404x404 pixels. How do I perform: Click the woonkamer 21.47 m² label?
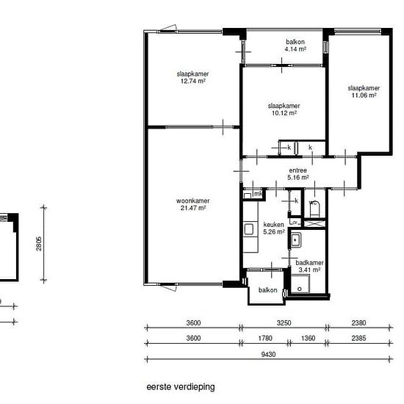click(192, 204)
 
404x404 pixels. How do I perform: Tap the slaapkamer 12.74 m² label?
click(192, 78)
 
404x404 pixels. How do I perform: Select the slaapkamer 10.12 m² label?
click(284, 109)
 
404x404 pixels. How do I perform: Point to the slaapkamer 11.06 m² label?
click(364, 92)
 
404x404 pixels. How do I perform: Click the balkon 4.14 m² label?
click(295, 46)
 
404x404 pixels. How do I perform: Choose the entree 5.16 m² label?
click(298, 174)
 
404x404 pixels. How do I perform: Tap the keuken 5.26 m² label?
click(274, 228)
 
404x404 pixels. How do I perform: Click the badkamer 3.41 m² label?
click(309, 267)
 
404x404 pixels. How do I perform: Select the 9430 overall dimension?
click(268, 355)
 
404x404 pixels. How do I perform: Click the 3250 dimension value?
click(284, 323)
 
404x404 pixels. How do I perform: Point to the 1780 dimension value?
click(265, 338)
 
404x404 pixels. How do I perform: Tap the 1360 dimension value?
click(309, 338)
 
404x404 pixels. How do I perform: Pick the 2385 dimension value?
click(358, 338)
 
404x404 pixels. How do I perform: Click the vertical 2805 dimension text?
click(39, 244)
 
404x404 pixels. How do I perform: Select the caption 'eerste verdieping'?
click(181, 387)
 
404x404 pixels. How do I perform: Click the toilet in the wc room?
click(314, 209)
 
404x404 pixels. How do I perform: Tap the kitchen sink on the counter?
click(248, 229)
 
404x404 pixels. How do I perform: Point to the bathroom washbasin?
click(296, 240)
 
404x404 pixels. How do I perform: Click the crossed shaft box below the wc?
click(315, 223)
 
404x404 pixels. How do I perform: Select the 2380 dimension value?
click(358, 323)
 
